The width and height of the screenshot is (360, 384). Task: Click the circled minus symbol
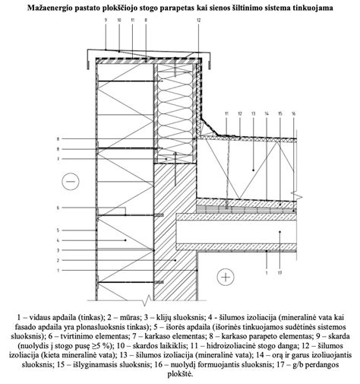72,181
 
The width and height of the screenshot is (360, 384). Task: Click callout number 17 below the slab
279,271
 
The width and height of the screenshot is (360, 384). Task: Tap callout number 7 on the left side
58,159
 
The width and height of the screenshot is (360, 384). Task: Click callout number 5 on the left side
58,229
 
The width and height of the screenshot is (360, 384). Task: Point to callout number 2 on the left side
58,260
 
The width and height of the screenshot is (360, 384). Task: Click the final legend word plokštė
180,373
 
